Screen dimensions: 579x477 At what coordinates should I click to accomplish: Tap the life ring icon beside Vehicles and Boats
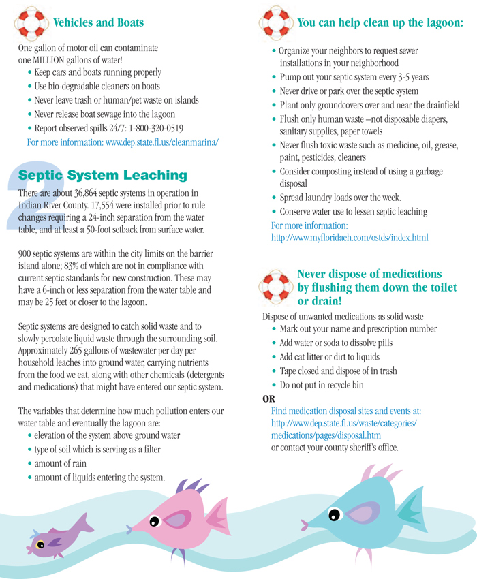coord(29,22)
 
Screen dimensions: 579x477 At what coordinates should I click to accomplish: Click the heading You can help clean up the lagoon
coord(380,22)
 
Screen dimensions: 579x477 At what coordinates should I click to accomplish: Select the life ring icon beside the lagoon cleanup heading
coord(275,22)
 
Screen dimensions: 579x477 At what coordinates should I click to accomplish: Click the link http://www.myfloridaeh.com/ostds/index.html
coord(350,238)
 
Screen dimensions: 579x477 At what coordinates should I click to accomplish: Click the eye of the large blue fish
coord(335,512)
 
